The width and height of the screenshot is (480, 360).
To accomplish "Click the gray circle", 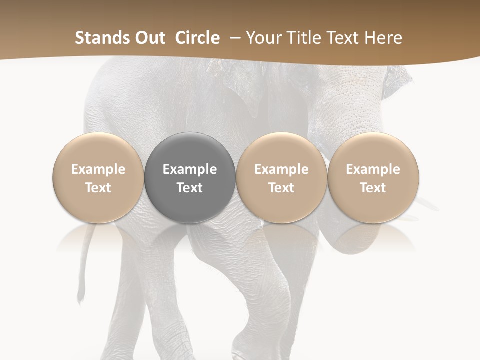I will (190, 178).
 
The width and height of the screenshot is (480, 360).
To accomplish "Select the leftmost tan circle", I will (98, 178).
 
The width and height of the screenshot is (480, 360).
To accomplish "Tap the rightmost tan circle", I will (373, 178).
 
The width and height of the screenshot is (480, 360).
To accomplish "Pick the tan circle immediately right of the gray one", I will (281, 178).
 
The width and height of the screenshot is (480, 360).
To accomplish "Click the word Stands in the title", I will (103, 38).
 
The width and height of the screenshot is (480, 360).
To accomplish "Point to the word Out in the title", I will (150, 38).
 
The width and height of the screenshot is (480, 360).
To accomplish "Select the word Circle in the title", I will (197, 38).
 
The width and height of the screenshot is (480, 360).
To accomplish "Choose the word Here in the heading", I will (384, 38).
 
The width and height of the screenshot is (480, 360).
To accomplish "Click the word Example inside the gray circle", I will (190, 169).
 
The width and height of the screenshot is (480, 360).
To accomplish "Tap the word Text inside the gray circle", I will (190, 188).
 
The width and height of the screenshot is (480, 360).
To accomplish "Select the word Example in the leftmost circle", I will (98, 169).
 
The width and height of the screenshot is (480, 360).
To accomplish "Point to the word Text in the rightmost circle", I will (373, 188).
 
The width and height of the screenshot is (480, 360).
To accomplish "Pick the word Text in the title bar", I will (343, 38).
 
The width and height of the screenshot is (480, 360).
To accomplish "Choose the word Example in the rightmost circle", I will (373, 169).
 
